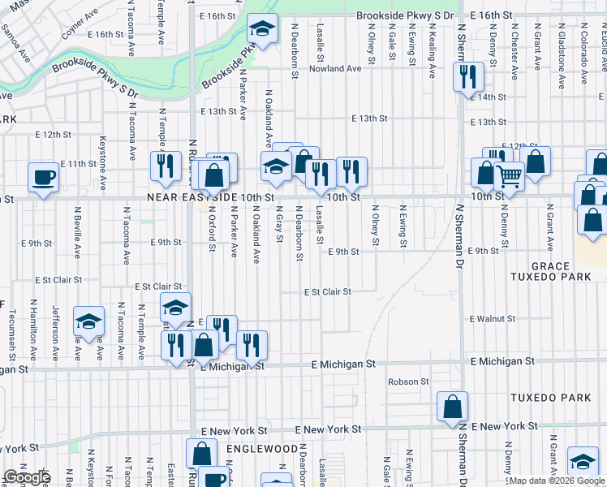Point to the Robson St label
pos(408,381)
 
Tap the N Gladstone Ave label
pos(562,57)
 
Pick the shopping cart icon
pos(509,174)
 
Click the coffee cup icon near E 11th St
pos(43,176)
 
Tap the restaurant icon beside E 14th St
pos(467,76)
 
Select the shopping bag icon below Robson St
pos(453,406)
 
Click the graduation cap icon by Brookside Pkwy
pos(262,28)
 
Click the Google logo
pos(27,477)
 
